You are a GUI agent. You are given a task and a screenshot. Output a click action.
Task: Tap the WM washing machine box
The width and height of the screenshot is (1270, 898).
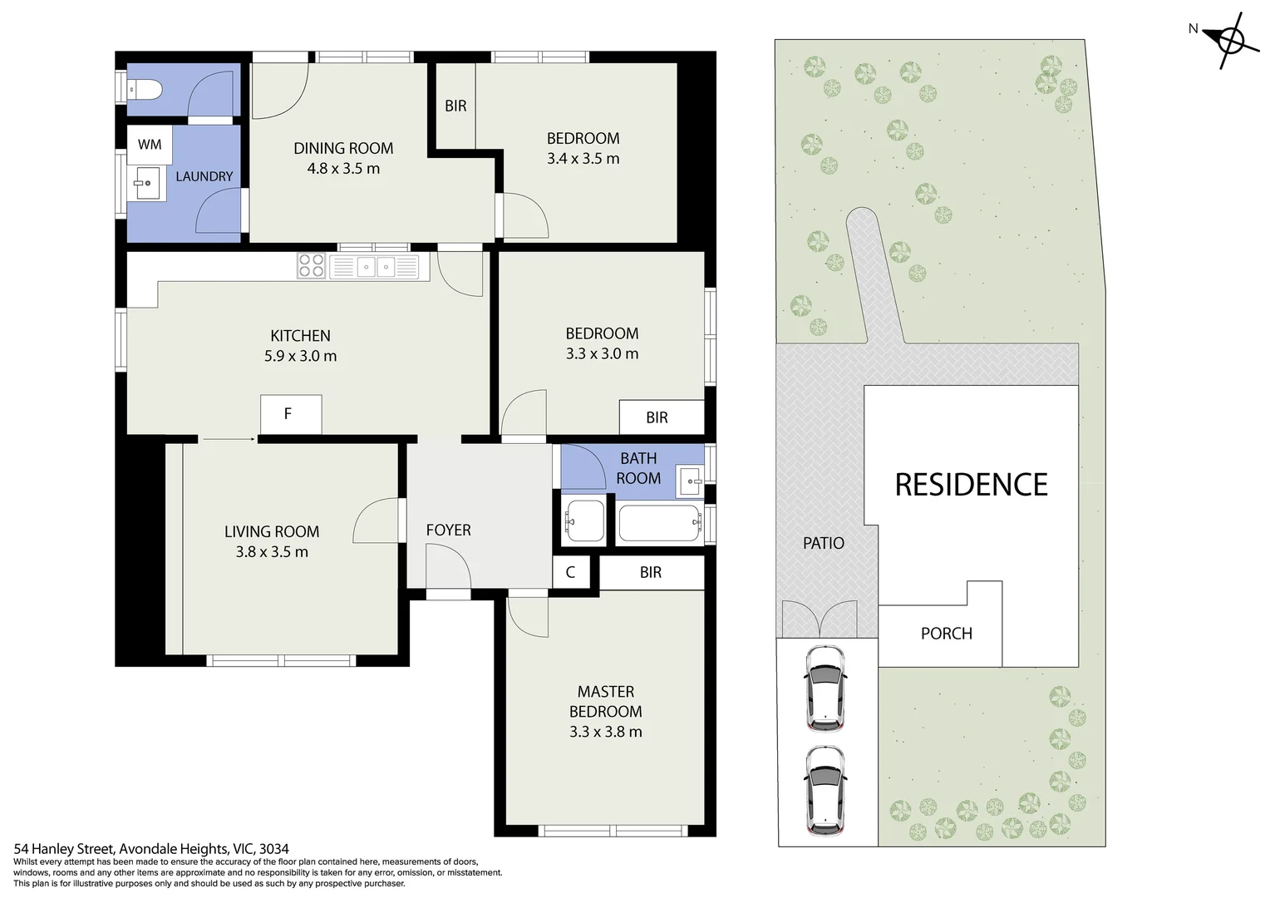[150, 145]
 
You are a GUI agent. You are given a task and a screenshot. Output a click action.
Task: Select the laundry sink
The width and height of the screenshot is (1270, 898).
[147, 183]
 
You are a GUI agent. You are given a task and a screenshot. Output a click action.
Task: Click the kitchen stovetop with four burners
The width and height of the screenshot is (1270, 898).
[312, 265]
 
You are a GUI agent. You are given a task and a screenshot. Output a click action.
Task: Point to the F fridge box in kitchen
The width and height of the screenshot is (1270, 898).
[289, 414]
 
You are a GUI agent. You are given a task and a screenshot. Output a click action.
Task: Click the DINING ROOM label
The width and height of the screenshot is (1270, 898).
[343, 148]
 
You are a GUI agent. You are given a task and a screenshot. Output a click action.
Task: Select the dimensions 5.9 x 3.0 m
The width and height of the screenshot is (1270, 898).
[300, 356]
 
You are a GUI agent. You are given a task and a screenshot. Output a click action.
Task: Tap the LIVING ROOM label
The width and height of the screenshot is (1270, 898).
[272, 531]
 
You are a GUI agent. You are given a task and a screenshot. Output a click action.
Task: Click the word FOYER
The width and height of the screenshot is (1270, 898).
[448, 530]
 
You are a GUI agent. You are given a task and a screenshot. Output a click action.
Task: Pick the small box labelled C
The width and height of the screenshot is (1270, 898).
[570, 572]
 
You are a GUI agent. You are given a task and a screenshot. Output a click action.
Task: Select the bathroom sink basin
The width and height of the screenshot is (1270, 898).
[690, 480]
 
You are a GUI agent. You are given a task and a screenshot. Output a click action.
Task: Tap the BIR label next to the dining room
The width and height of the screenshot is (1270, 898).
[455, 106]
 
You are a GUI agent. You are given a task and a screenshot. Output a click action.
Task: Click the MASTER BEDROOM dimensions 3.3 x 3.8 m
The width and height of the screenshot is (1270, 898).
[605, 732]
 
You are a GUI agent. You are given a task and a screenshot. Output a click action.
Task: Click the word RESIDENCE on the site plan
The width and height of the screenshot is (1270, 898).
[971, 485]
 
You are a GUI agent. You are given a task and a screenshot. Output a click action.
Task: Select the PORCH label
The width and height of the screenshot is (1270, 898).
[946, 634]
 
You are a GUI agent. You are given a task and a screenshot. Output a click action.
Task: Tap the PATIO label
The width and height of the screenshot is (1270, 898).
[823, 543]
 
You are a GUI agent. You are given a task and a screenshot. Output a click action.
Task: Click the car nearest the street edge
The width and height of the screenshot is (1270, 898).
[825, 790]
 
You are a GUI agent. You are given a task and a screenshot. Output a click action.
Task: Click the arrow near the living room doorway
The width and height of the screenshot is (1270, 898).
[228, 438]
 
